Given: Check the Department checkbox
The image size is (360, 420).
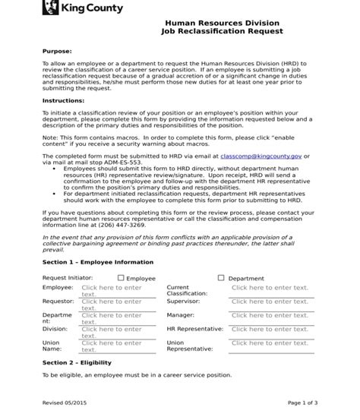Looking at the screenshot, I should pyautogui.click(x=221, y=278).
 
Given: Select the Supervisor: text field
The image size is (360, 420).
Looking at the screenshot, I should pyautogui.click(x=270, y=302).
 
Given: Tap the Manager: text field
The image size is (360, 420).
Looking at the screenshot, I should pyautogui.click(x=270, y=315).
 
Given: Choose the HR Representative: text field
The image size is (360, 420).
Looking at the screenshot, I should pyautogui.click(x=270, y=330).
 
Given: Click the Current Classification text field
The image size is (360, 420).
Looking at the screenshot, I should pyautogui.click(x=270, y=288).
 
